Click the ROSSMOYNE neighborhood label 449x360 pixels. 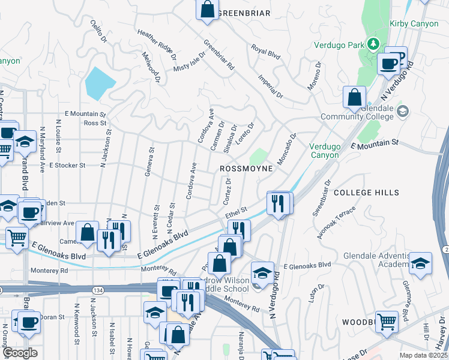point(246,169)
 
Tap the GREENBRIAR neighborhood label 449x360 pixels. point(244,13)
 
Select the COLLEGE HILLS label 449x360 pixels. point(366,193)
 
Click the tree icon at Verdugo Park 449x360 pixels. point(373,43)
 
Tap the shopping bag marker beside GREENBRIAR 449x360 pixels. point(207,10)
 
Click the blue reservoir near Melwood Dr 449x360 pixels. point(101,83)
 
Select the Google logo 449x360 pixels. point(20,353)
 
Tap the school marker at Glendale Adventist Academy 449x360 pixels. point(421,263)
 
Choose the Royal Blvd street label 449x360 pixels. point(266,52)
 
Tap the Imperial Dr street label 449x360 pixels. point(270,86)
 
